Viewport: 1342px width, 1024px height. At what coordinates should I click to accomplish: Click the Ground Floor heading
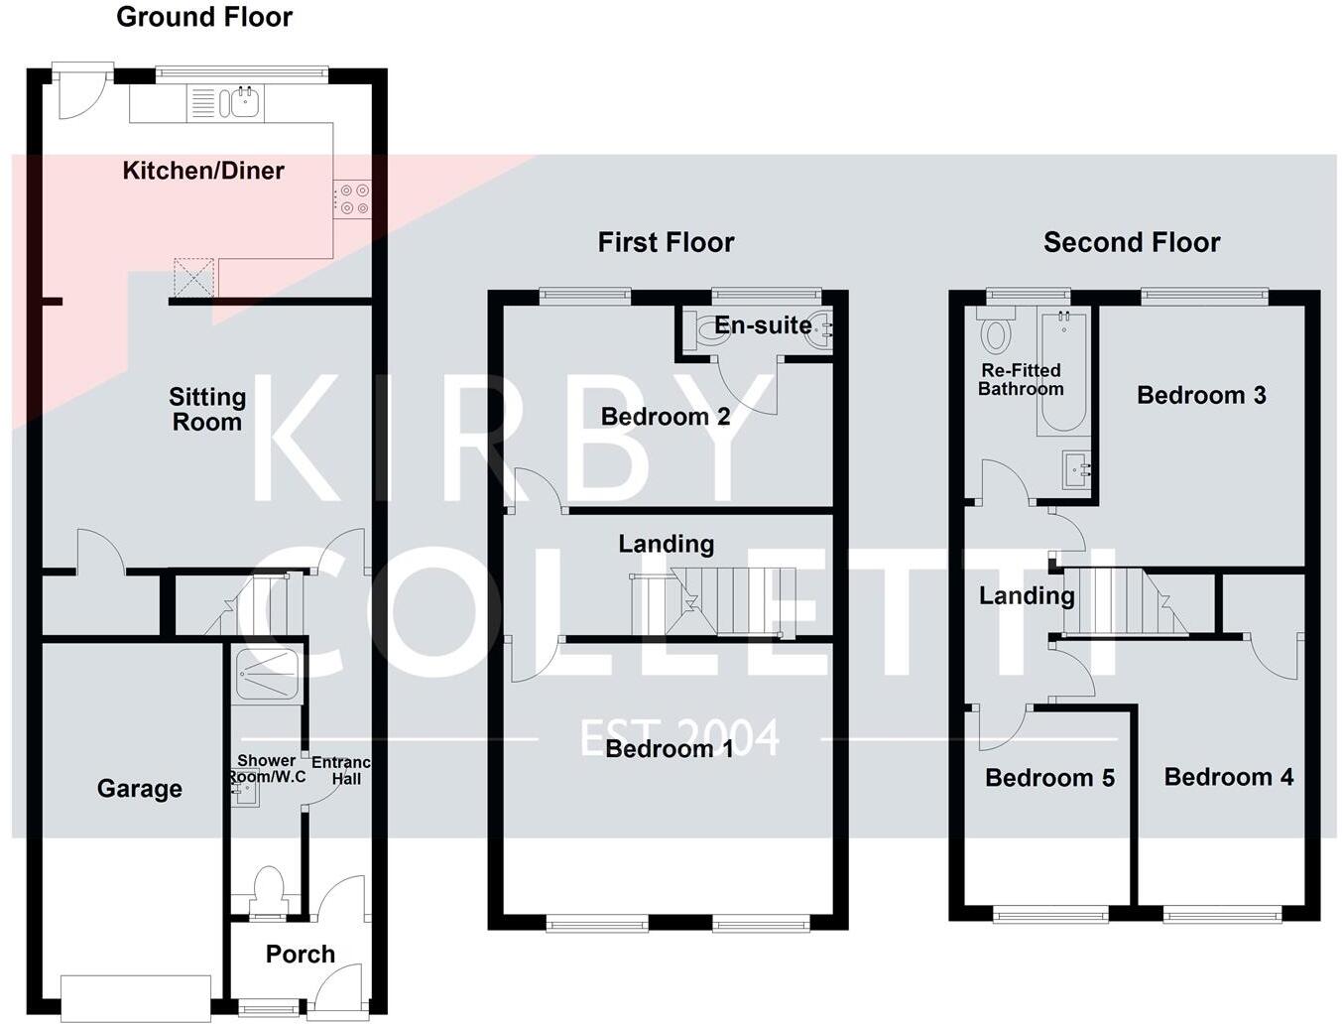[204, 17]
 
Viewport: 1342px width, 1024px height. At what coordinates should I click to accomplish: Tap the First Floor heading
[666, 243]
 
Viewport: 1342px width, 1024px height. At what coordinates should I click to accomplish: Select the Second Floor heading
[1132, 243]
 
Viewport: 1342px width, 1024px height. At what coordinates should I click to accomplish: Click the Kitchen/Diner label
[203, 171]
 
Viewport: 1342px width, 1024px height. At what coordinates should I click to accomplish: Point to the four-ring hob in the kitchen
[352, 198]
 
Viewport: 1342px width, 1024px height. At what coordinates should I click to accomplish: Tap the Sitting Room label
[207, 410]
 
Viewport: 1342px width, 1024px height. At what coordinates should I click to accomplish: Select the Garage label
[140, 789]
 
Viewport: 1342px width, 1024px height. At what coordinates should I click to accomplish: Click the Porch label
[301, 955]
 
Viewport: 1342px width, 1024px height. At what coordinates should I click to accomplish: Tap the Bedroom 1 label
[669, 749]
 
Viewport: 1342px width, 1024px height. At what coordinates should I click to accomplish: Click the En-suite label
[763, 325]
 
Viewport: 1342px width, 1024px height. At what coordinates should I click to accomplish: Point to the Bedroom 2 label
[666, 417]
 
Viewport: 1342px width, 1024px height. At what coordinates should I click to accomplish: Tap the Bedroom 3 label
[1201, 396]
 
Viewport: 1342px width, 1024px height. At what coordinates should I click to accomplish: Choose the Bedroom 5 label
[1049, 778]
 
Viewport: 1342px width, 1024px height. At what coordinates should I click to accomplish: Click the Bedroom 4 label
[1229, 778]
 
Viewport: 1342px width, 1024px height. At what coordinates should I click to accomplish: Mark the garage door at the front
[136, 998]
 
